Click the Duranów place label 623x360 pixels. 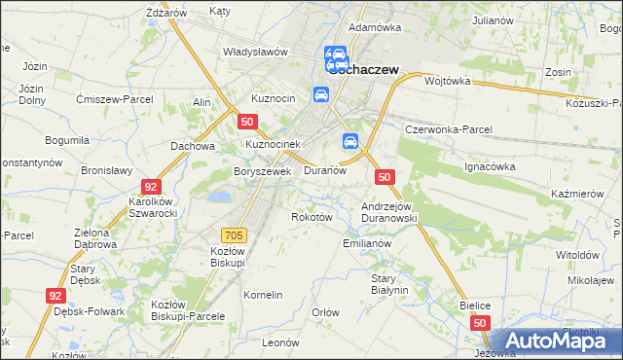tap(325, 170)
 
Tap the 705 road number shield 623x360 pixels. tap(234, 234)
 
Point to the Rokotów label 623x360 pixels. tap(312, 217)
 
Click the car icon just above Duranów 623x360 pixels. tap(350, 142)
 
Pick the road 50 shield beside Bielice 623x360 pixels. tap(479, 322)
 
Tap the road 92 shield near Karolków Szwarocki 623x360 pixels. tap(150, 186)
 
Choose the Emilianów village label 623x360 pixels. tap(367, 243)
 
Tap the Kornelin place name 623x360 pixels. tap(263, 295)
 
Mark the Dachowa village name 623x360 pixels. tap(192, 147)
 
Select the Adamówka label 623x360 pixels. tap(375, 27)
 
